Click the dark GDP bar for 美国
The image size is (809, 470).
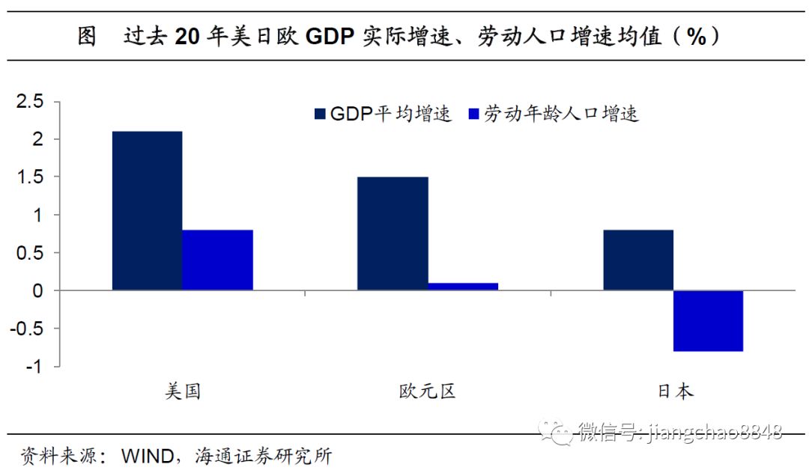(x=147, y=211)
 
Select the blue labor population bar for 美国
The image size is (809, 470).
(x=218, y=260)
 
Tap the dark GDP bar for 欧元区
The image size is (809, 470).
(x=393, y=234)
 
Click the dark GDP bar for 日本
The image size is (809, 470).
(x=638, y=260)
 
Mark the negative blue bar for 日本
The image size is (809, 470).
(x=708, y=320)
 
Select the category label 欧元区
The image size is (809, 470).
(x=427, y=391)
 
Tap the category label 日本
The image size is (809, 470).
(x=674, y=391)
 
